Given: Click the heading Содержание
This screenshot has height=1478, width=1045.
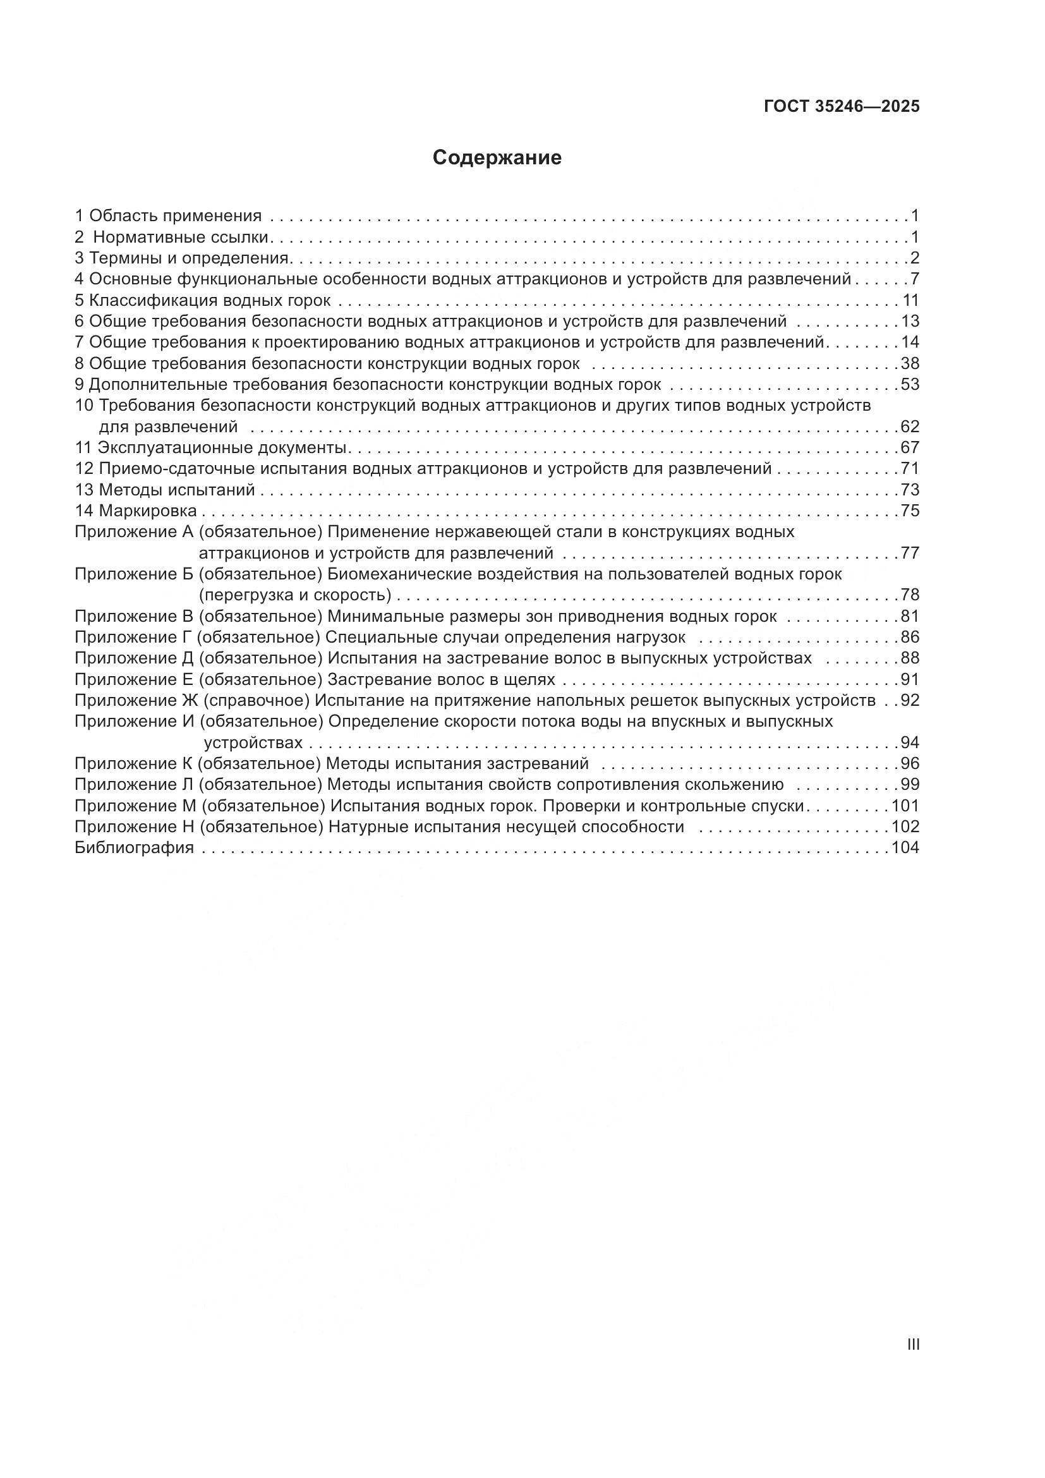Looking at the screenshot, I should [x=497, y=158].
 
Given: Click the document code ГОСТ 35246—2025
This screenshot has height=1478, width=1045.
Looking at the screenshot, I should [x=842, y=107].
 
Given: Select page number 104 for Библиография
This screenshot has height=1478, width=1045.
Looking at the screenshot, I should [x=905, y=848].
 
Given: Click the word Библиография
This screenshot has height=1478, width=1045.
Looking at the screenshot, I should [x=135, y=848].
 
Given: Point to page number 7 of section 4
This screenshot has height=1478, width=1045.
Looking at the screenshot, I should [x=914, y=279].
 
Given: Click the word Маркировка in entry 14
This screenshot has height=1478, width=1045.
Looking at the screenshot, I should [x=147, y=511].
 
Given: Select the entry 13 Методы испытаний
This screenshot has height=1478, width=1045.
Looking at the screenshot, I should [x=165, y=490].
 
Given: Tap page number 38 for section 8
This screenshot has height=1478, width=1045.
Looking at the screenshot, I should [x=910, y=364].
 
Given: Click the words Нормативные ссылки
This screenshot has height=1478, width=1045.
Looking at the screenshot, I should [x=180, y=238].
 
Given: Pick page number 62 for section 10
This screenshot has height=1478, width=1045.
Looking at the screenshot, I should [x=910, y=427].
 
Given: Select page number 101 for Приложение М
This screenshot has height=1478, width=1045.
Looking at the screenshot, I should [x=905, y=806].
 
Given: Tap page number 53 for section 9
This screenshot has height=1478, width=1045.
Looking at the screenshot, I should [x=910, y=385].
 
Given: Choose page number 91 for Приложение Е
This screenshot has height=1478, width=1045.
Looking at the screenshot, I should [x=910, y=680].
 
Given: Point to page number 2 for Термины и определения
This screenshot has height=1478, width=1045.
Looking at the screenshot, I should [x=914, y=259].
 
